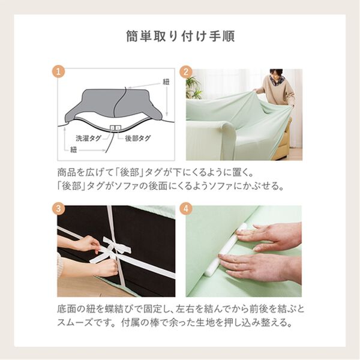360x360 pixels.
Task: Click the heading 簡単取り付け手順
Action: point(180,35)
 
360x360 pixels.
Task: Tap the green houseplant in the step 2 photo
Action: point(193,88)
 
